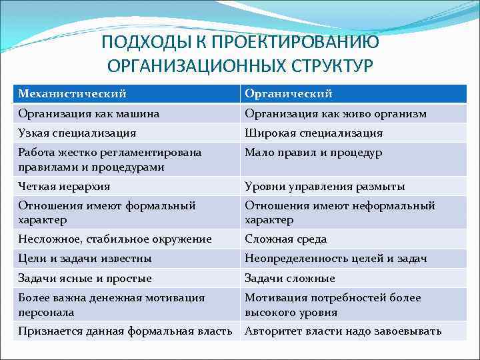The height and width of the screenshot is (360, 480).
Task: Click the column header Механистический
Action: (72, 93)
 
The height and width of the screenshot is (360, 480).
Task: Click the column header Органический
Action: (289, 93)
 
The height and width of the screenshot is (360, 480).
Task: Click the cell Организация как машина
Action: (89, 113)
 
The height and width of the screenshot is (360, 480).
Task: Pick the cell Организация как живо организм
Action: (335, 113)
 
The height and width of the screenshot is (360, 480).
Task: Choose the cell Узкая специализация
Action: (77, 133)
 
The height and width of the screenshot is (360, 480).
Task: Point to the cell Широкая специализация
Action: (314, 133)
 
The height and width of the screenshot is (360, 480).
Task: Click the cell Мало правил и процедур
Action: (313, 153)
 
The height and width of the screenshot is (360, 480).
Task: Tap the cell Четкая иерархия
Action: (64, 186)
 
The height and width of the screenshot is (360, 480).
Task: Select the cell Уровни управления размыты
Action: (325, 186)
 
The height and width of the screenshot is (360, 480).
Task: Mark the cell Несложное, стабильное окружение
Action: (115, 239)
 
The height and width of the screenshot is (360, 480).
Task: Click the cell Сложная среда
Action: (285, 239)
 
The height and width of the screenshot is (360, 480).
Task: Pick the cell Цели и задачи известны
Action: (85, 258)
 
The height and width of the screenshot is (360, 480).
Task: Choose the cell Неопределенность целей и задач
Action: (336, 258)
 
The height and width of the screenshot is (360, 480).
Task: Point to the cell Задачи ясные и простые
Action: (85, 278)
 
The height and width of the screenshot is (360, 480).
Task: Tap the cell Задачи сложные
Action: (290, 278)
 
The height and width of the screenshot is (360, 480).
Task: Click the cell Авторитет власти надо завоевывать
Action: (343, 331)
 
